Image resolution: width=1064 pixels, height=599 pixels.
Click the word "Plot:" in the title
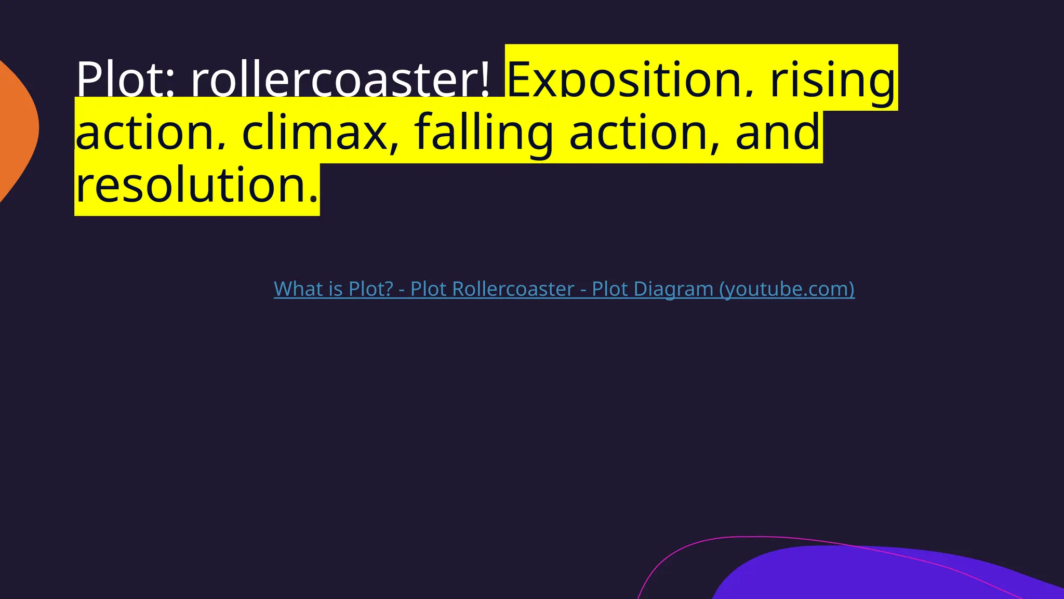(125, 80)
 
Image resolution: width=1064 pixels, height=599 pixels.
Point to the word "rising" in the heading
(833, 80)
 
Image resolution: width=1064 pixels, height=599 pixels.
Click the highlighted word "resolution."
(196, 185)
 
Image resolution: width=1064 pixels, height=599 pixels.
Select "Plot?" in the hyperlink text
(371, 289)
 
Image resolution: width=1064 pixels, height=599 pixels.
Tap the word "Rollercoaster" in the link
(492, 289)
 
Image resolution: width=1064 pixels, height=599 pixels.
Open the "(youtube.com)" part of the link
(787, 289)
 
